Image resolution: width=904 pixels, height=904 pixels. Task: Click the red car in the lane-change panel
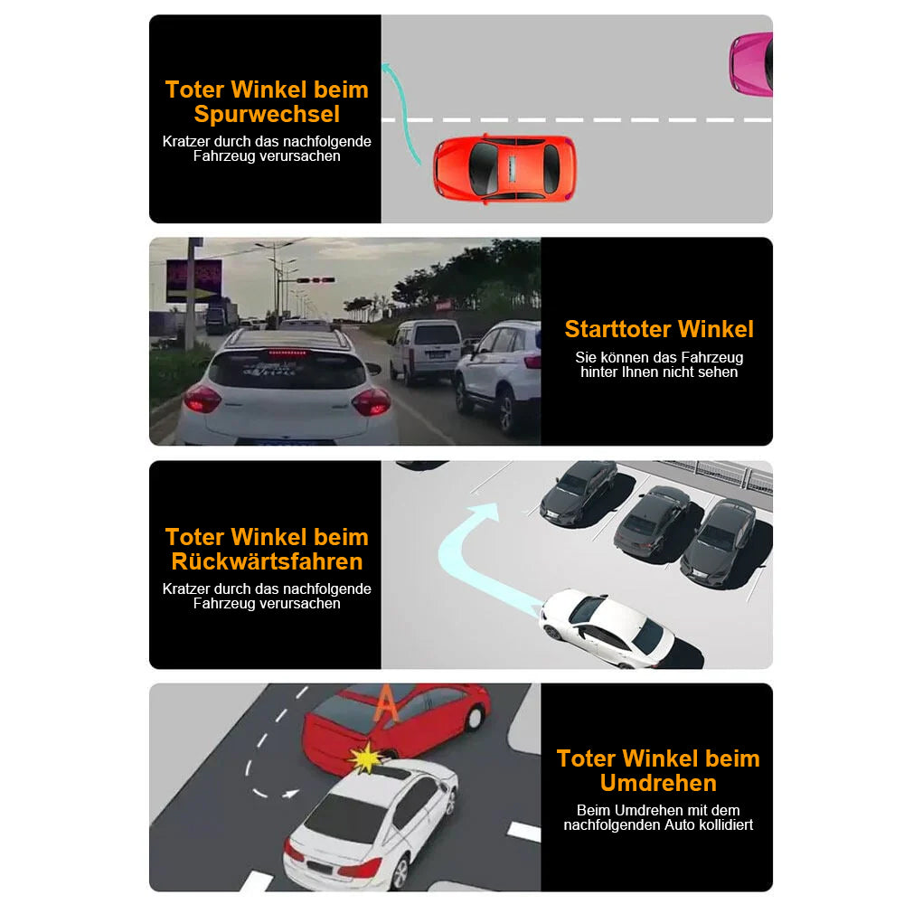point(504,168)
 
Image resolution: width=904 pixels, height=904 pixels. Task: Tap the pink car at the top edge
point(753,64)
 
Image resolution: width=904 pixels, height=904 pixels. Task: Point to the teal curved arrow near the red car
point(398,108)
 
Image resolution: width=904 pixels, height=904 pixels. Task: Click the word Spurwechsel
point(267,115)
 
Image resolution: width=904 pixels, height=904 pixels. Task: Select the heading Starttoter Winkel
point(658,329)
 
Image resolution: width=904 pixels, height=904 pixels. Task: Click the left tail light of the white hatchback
point(202,399)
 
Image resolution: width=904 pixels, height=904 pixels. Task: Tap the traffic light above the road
point(315,280)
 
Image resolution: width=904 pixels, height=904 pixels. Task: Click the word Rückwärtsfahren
point(267,561)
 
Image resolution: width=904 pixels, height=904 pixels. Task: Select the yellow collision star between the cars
point(366,758)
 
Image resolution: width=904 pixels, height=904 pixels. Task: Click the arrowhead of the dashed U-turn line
point(291,794)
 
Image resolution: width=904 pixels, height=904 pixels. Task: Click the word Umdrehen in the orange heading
point(658,783)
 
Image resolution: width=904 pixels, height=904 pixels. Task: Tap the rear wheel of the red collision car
point(474,717)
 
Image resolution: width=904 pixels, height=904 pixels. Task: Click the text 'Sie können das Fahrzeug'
point(658,358)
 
